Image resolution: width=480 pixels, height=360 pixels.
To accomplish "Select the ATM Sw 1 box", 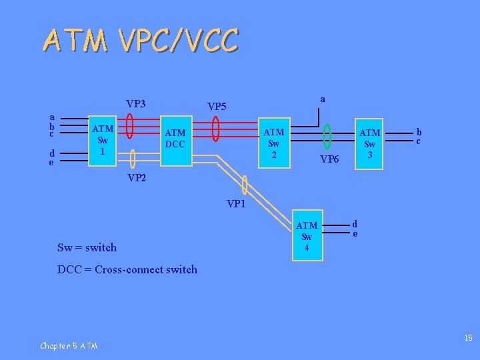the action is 103,140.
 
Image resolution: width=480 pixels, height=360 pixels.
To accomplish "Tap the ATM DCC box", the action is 175,139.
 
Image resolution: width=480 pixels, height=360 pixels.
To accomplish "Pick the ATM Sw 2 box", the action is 274,143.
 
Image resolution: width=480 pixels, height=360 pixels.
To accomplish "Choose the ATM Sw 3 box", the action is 370,143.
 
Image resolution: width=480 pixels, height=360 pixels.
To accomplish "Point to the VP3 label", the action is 136,104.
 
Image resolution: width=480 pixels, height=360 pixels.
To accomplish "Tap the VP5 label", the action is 217,106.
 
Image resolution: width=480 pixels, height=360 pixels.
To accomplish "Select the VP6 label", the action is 329,159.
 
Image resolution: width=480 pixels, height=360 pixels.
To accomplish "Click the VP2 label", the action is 136,178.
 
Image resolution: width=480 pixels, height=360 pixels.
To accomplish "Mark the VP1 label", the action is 237,204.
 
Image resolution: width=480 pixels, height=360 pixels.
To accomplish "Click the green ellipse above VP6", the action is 327,136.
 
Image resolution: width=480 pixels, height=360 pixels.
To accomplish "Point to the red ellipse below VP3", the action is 130,126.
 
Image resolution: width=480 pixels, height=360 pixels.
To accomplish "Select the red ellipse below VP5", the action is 215,129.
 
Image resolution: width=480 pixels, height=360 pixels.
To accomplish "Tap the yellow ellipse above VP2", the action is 133,159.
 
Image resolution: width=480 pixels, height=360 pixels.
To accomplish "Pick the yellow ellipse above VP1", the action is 246,182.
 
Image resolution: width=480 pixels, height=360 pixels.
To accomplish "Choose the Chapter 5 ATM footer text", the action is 69,345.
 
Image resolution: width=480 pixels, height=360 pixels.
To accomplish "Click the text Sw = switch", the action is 87,247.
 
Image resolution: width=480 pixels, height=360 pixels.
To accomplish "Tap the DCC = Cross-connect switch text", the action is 127,269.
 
